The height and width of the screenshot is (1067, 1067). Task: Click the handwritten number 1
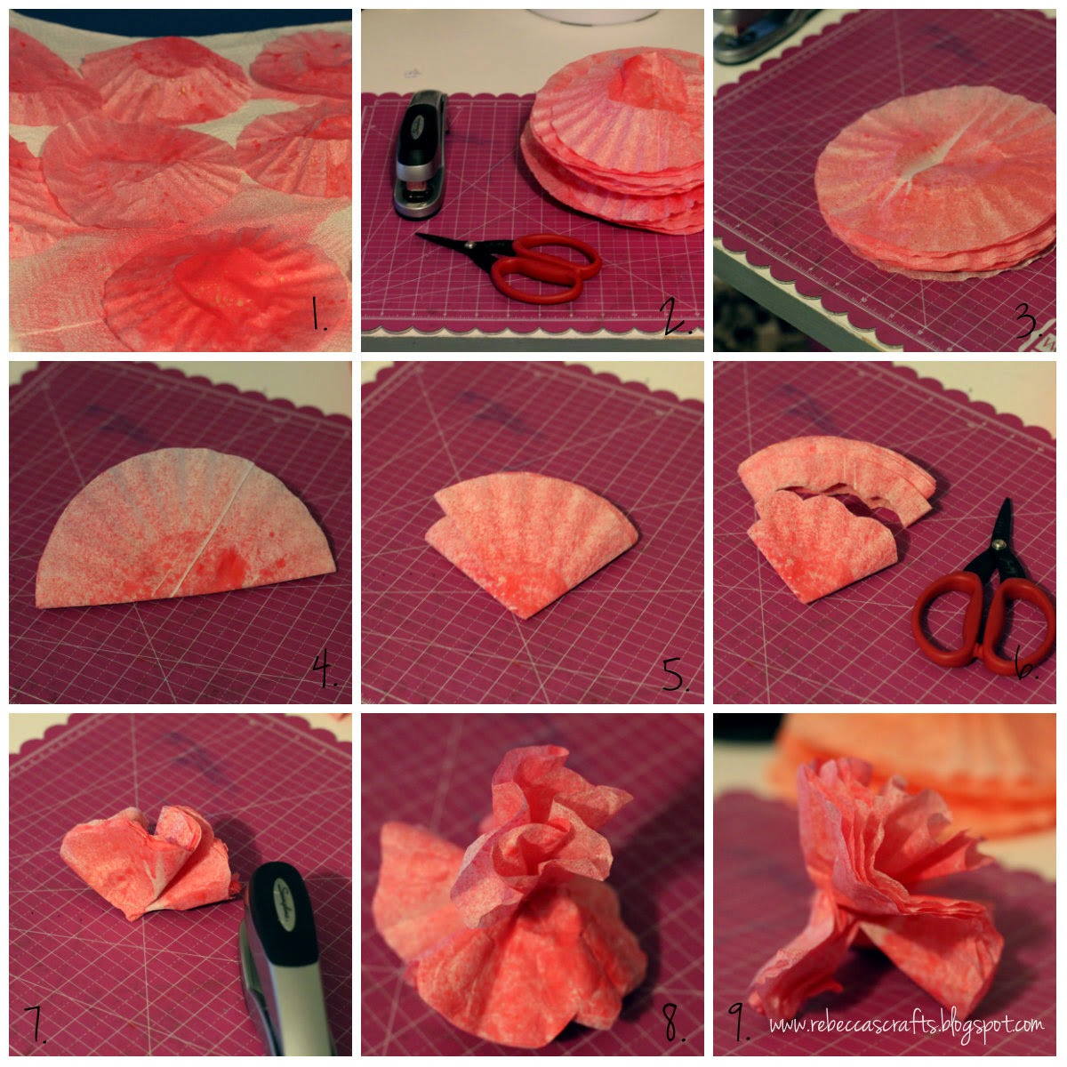click(317, 314)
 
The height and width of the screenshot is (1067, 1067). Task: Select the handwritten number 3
click(1028, 321)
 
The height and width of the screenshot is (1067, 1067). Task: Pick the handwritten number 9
click(737, 1023)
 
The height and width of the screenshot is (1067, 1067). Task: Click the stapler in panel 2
click(421, 154)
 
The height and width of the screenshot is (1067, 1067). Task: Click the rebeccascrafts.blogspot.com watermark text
click(906, 1023)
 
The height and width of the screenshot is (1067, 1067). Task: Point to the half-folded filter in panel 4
click(185, 527)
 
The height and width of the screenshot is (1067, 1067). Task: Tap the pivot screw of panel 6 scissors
click(998, 545)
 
